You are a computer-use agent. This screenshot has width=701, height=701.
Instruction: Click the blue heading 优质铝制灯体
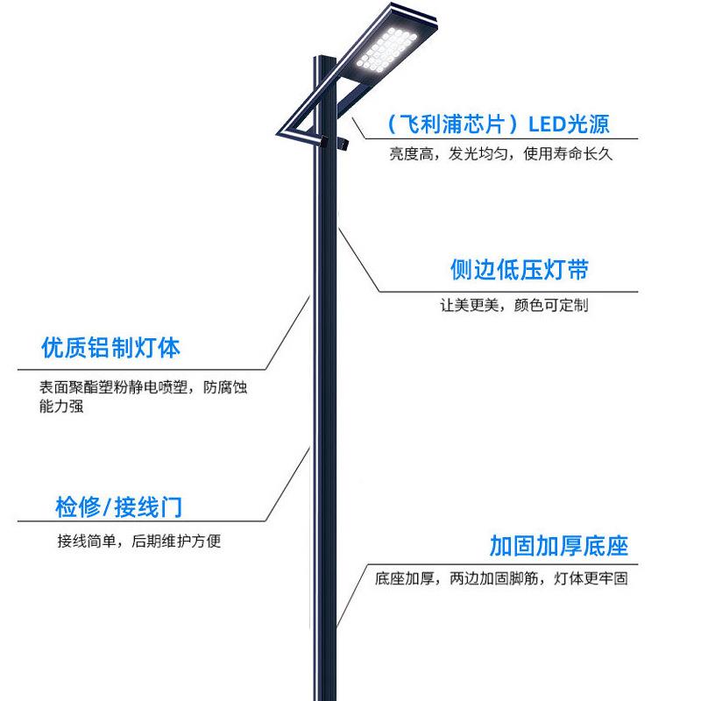[110, 348]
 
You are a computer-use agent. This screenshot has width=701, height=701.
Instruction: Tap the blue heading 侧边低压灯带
[519, 270]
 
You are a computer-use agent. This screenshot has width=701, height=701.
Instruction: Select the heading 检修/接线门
[119, 507]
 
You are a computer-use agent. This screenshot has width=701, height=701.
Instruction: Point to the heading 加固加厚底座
[559, 546]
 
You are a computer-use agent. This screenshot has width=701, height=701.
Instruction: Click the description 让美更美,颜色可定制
[513, 306]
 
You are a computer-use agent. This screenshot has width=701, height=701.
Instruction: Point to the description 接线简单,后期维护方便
[138, 541]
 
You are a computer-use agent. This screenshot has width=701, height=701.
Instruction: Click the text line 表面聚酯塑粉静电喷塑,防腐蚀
[143, 387]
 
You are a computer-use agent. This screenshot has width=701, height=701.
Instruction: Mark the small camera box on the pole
[336, 139]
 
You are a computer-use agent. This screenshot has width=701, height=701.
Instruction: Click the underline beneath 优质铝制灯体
[140, 368]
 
